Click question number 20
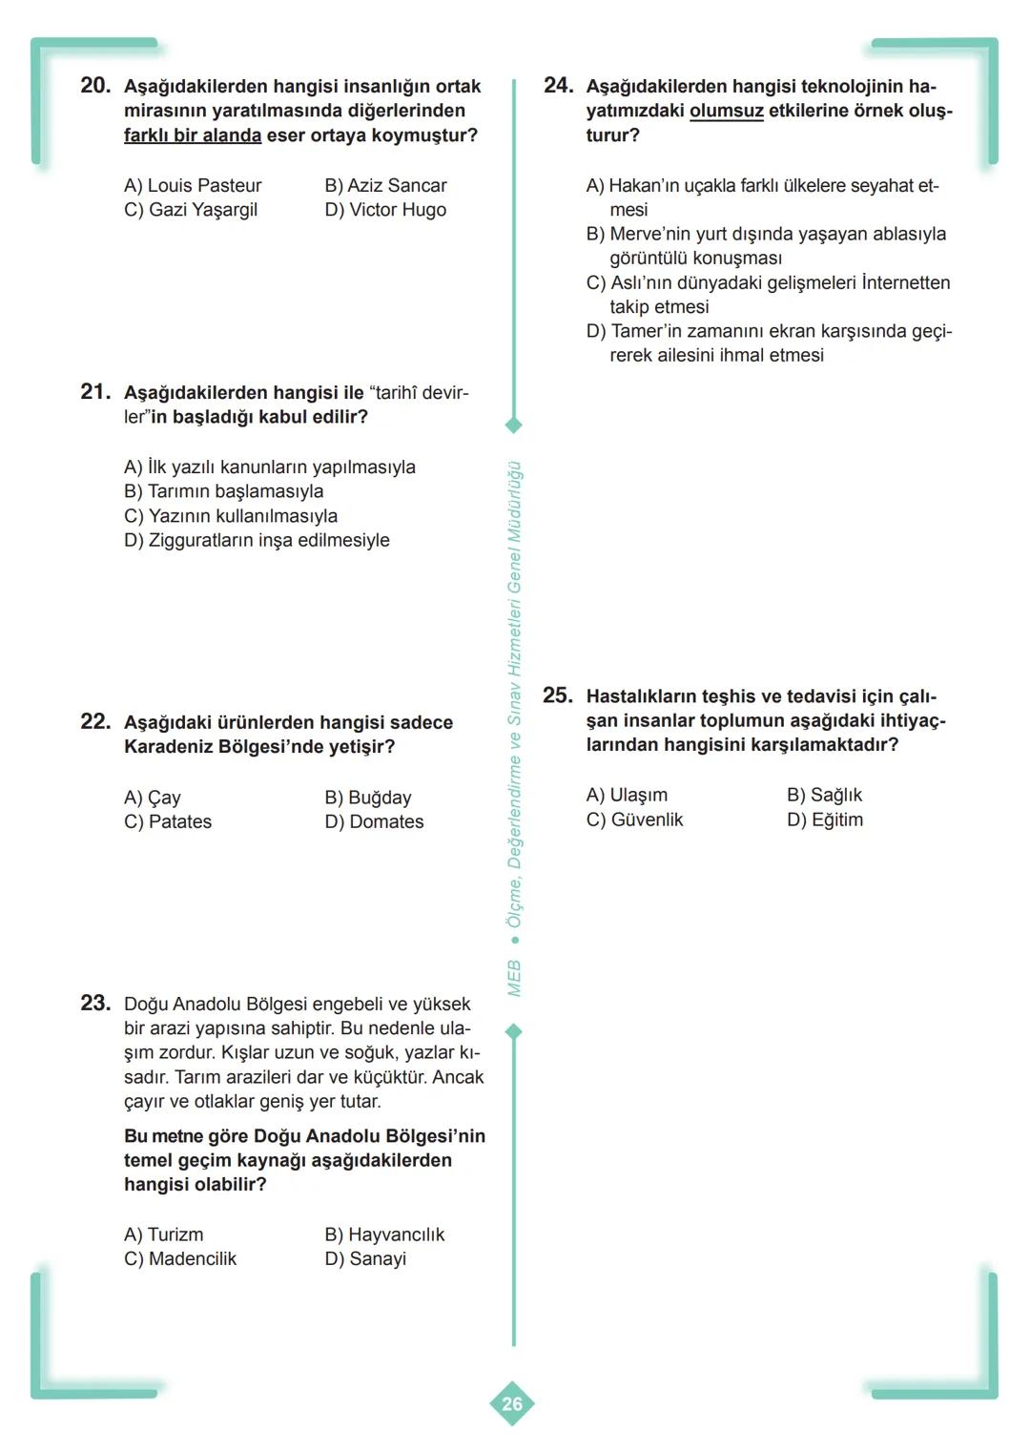95,86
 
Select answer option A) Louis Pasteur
192,185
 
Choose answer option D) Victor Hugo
385,210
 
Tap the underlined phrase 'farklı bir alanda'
193,135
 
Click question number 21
95,392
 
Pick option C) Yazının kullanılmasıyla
231,516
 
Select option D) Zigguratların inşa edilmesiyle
257,540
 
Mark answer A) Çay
153,798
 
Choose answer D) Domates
374,821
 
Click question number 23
95,1004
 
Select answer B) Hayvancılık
384,1234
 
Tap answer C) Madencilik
180,1258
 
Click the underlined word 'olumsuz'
726,111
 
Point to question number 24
558,86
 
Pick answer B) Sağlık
824,796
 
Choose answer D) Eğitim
824,819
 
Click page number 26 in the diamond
512,1403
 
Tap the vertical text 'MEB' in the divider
514,979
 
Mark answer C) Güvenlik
634,819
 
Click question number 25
558,696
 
